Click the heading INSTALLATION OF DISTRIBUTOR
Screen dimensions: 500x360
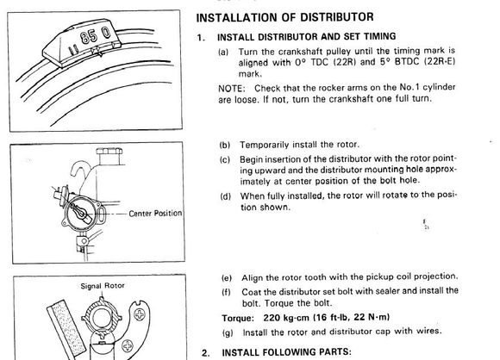(284, 17)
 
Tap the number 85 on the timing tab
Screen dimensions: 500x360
(89, 37)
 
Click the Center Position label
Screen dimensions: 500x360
(155, 213)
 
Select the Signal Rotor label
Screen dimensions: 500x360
(103, 286)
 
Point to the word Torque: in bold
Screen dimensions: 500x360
(238, 318)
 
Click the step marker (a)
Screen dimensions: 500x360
(223, 52)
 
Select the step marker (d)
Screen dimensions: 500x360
(226, 196)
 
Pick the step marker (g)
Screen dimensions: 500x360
(228, 332)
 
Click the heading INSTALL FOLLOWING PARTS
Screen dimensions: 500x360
(286, 352)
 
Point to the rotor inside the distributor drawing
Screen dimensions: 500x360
(81, 212)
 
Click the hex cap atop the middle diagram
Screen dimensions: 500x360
(109, 151)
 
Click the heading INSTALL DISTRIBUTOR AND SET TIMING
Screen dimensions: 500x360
(306, 37)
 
